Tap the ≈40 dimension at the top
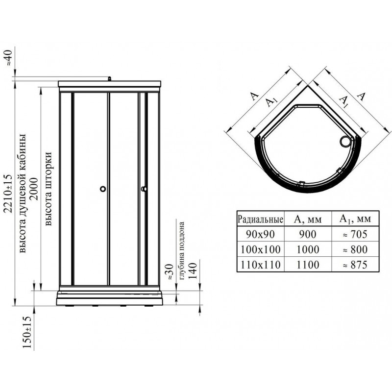[x=8, y=57]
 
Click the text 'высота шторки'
[x=48, y=188]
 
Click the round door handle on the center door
[x=103, y=189]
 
